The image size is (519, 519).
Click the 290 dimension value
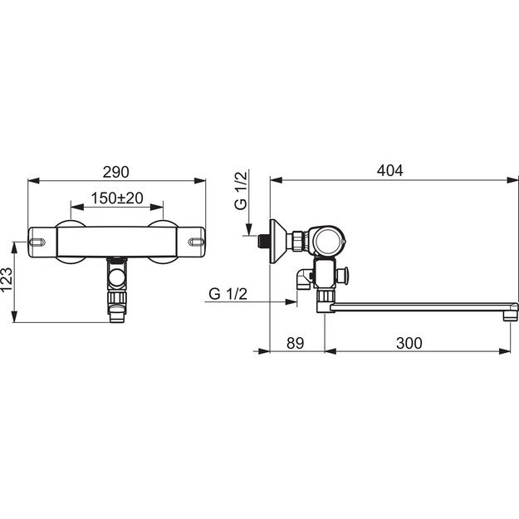(x=116, y=172)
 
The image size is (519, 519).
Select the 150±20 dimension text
(x=117, y=198)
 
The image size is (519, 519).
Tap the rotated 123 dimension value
(x=7, y=279)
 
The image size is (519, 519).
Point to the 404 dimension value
(x=390, y=170)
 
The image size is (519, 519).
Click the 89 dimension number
(x=296, y=343)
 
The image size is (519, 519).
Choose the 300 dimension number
(x=409, y=343)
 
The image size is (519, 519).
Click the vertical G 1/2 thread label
(x=241, y=191)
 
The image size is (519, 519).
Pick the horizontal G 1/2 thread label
(x=228, y=294)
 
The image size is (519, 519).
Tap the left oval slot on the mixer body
(x=37, y=242)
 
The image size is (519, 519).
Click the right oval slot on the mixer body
(x=196, y=242)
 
